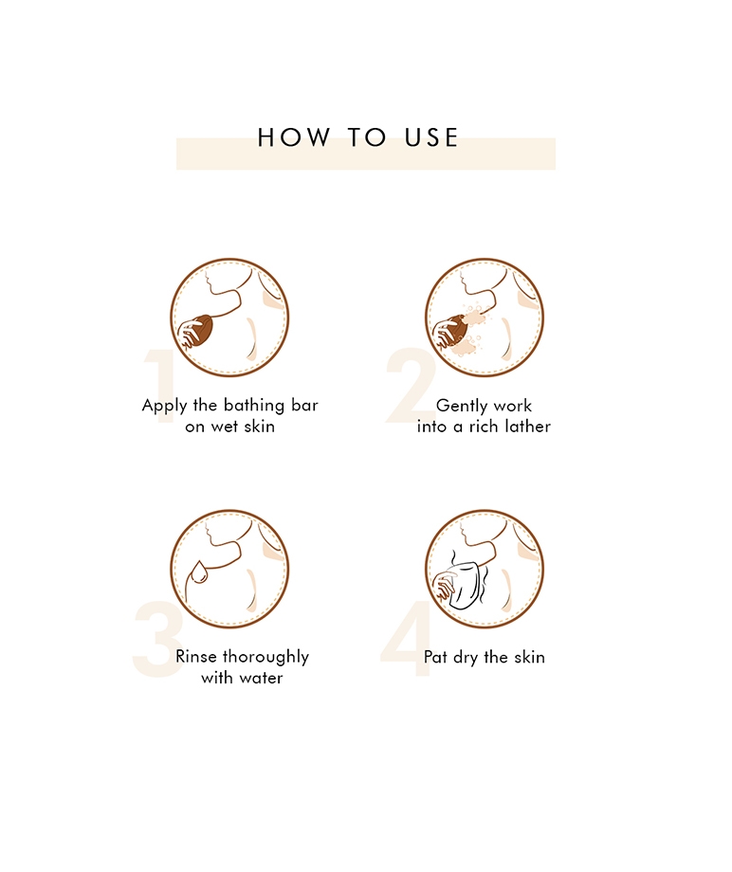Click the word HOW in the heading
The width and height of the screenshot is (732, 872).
294,137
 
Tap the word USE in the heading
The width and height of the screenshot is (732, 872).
431,137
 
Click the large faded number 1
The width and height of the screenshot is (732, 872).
160,387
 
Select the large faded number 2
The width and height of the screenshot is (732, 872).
410,386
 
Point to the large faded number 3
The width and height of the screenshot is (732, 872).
158,639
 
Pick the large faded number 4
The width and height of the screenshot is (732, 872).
407,639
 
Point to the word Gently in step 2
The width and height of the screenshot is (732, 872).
456,406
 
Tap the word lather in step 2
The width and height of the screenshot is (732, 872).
527,427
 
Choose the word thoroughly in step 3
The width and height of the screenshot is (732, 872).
265,658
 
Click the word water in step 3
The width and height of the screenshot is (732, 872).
261,679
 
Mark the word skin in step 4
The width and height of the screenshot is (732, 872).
529,657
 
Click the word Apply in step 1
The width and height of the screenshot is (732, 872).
164,406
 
